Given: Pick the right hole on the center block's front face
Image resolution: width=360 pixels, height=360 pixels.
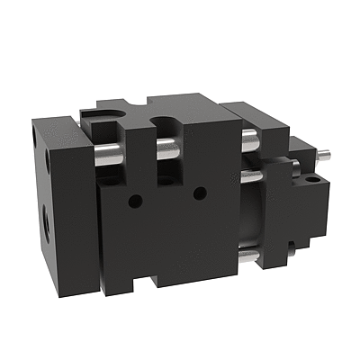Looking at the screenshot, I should click(200, 191).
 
